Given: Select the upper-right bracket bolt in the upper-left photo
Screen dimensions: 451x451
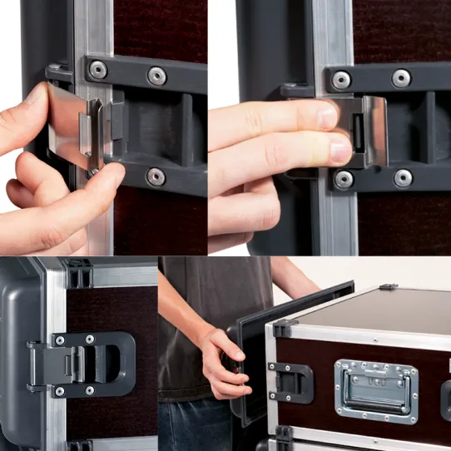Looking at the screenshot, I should pos(157,76).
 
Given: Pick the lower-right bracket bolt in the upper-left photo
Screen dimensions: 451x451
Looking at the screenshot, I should pos(156,176).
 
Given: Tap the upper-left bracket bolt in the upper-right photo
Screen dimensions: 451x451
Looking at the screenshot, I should pos(341,80).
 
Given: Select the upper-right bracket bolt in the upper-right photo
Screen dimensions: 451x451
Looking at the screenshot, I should pos(402,78).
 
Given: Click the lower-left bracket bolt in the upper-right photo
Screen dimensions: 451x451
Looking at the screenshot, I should pos(344,179).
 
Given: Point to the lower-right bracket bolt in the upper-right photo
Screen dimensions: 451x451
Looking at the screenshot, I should pos(404,177).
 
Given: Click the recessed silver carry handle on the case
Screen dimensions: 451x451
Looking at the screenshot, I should pos(376,391).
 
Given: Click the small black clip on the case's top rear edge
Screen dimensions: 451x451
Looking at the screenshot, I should pos(388,287).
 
